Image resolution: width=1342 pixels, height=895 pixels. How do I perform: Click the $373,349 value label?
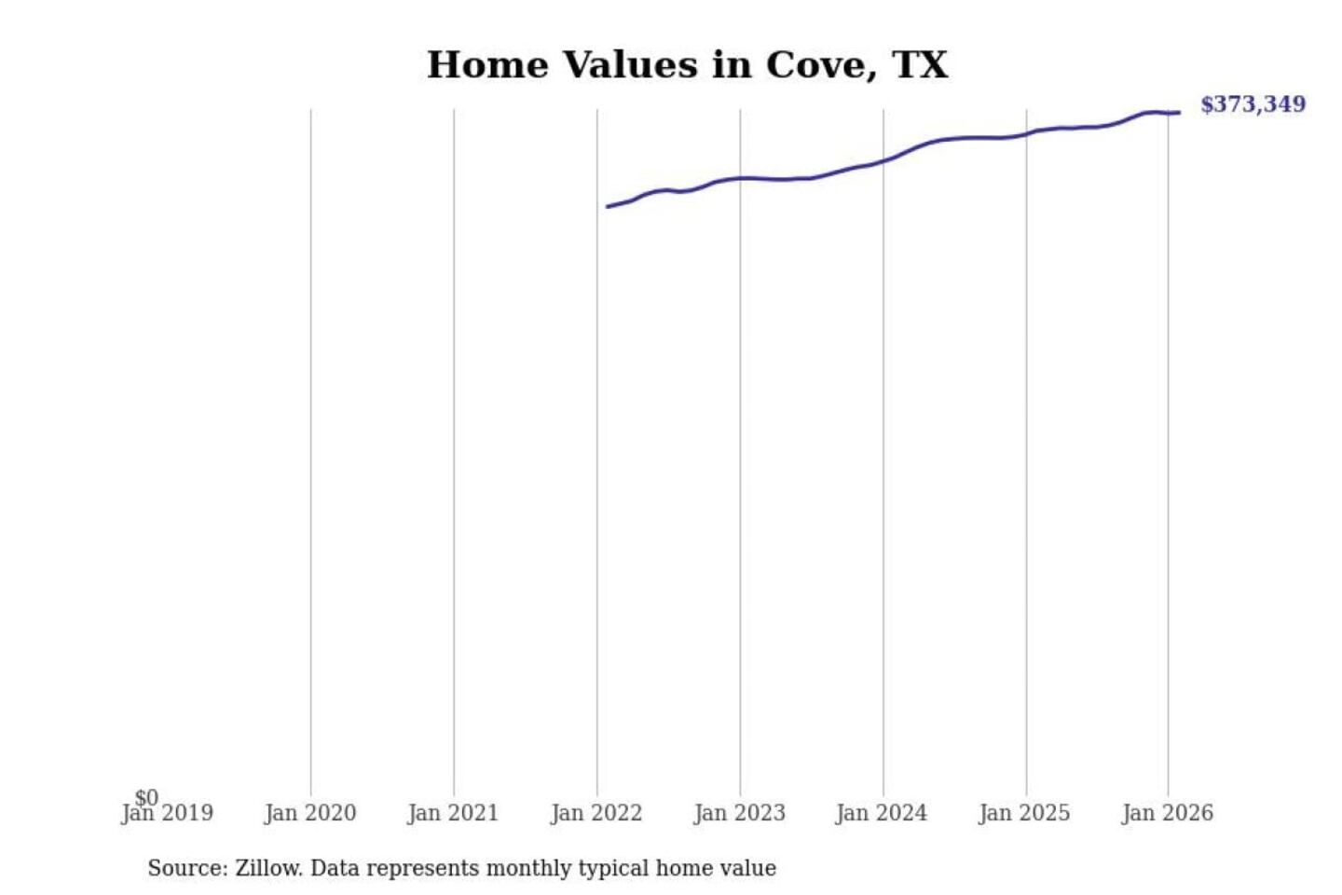pos(1253,104)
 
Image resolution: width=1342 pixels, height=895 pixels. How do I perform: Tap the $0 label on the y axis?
pos(146,797)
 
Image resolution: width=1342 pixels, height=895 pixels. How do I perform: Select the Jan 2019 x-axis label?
pos(168,814)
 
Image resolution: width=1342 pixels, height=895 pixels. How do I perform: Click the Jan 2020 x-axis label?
pos(310,814)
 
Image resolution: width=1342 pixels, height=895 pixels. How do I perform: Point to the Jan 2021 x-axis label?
pos(454,814)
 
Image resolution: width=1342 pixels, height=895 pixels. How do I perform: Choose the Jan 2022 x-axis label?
pos(596,814)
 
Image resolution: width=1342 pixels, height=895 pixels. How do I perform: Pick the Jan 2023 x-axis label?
pos(740,814)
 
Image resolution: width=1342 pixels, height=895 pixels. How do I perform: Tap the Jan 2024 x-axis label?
pos(882,814)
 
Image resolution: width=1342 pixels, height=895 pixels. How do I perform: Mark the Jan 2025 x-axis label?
pos(1025,814)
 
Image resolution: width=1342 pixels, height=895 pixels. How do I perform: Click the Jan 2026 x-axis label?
pos(1168,814)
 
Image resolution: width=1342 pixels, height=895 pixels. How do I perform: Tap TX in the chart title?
pos(920,65)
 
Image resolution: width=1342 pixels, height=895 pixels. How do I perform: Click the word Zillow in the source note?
pos(267,869)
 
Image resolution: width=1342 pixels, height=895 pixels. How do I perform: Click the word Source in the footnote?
pos(186,869)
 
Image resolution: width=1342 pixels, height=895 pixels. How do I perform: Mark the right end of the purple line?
pos(1180,113)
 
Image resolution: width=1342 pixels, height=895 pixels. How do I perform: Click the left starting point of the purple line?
pos(608,207)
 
